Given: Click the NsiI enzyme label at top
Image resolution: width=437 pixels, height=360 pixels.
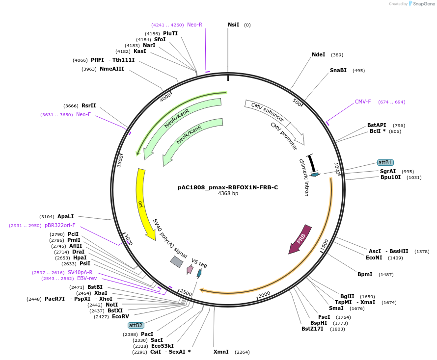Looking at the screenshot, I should (234, 25).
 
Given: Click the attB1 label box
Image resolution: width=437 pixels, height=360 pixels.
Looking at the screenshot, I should (385, 162).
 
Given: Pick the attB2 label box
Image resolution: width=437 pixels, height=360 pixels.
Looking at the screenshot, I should (136, 325).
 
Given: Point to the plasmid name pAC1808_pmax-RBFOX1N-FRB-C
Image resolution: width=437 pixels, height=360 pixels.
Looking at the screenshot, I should (228, 187).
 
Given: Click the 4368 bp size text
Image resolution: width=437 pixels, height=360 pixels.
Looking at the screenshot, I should (228, 194).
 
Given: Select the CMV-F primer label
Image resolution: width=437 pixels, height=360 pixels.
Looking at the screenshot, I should (363, 102).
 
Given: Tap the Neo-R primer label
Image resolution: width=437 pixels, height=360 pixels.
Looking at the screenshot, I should (194, 25).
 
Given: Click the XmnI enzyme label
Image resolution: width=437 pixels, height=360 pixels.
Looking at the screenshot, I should (221, 352).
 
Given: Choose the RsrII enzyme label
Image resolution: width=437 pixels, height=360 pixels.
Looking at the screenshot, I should (89, 105).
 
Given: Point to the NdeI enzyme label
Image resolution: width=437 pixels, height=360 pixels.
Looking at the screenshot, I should (318, 54).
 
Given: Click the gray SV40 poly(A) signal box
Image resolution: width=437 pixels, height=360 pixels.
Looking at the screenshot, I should (177, 262).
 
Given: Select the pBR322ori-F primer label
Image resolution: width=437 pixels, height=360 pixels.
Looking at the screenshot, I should (60, 225).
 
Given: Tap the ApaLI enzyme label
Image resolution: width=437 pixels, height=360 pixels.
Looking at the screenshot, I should (65, 216).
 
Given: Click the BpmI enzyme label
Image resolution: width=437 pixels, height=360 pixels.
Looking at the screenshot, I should (365, 274).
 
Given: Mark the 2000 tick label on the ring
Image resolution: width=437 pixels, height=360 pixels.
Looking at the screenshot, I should (264, 294).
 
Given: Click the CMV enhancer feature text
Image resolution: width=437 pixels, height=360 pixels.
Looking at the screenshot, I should (268, 112).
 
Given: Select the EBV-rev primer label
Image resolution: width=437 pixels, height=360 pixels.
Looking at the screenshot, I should (87, 278).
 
